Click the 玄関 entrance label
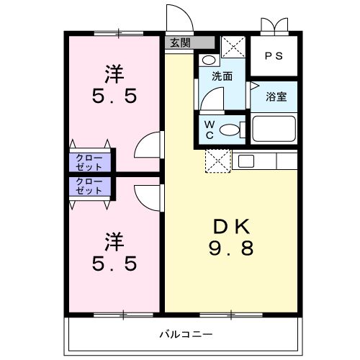[x=179, y=42]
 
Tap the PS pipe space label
[x=272, y=55]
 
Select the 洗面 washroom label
[x=222, y=76]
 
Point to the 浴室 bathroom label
[x=276, y=96]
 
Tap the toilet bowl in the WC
[x=230, y=130]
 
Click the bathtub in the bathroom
[x=274, y=130]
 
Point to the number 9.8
[x=231, y=250]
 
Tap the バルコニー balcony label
[x=186, y=335]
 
